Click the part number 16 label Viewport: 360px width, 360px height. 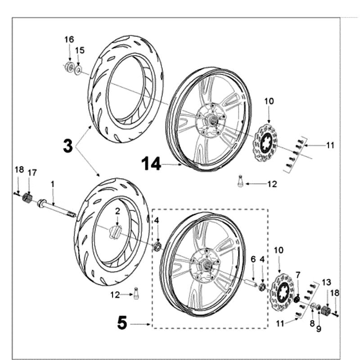(69, 40)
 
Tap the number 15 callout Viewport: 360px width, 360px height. (79, 49)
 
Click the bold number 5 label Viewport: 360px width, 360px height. (122, 323)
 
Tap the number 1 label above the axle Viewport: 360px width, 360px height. (52, 184)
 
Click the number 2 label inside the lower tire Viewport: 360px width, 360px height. (117, 210)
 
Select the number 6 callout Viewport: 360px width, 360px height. (253, 259)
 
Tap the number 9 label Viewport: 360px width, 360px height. (319, 329)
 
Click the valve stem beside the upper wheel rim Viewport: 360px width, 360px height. (240, 181)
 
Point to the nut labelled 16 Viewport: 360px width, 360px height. (69, 67)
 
